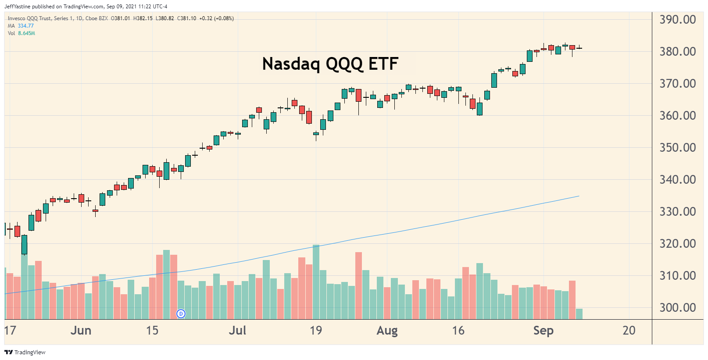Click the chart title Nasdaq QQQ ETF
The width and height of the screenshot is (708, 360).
point(330,64)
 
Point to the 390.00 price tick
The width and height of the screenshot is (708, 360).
point(677,20)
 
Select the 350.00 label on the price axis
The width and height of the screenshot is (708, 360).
point(677,148)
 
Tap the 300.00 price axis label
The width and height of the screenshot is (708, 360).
point(677,308)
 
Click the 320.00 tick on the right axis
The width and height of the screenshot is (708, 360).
point(677,244)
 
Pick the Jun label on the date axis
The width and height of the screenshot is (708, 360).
point(81,331)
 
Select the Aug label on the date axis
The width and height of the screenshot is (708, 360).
point(387,331)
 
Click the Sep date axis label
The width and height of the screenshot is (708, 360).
point(543,331)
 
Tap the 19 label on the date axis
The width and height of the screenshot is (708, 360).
point(316,331)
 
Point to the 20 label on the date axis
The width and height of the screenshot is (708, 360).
point(629,331)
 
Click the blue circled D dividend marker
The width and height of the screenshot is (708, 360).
point(181,314)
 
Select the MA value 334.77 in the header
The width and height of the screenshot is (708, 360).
point(25,26)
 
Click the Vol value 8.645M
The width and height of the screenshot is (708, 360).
point(26,33)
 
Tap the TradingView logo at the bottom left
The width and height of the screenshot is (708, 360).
point(25,352)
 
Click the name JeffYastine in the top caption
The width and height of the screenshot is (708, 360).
point(17,7)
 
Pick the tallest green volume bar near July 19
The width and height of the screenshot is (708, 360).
point(316,281)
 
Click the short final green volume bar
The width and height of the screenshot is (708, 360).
point(579,314)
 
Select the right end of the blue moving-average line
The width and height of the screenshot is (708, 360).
point(579,196)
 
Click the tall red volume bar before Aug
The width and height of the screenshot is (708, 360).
point(358,285)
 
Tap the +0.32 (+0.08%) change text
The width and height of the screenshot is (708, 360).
point(216,18)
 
